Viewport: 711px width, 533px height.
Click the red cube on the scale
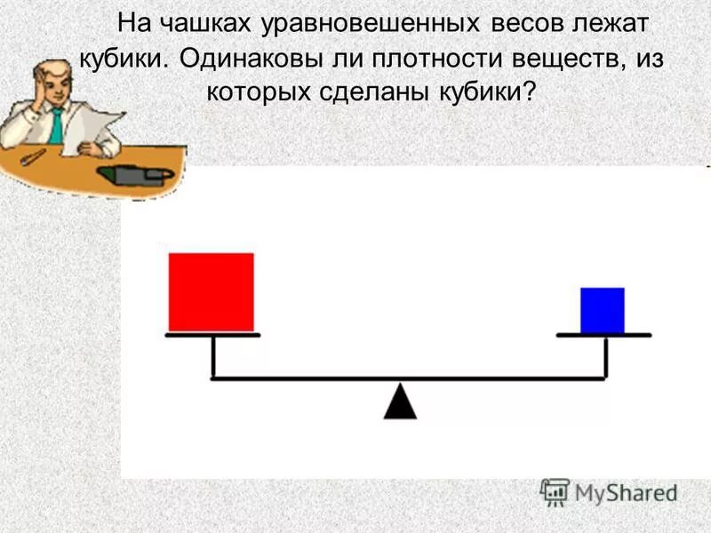[x=211, y=292]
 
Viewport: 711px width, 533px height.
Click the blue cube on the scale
[x=602, y=310]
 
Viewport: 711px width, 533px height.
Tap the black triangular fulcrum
[x=400, y=402]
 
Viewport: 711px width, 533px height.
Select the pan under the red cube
[x=212, y=335]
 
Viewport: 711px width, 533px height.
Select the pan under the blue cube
[x=603, y=335]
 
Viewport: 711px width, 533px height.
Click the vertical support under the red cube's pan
[x=213, y=357]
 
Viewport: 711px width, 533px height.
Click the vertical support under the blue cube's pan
[x=605, y=357]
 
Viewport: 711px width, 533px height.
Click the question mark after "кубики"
[x=531, y=91]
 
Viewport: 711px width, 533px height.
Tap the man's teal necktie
[x=56, y=125]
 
